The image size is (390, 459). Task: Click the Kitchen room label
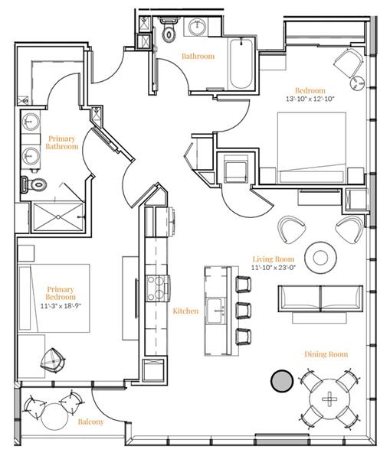[185, 311]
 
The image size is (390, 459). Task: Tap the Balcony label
[90, 422]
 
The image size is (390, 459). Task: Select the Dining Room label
[326, 354]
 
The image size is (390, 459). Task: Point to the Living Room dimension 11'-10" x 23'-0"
[274, 267]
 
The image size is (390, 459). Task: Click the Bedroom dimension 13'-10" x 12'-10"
[310, 99]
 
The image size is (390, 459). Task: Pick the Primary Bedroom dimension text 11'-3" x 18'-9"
[61, 306]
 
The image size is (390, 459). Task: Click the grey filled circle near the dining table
[282, 380]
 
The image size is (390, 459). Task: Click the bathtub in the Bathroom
[241, 63]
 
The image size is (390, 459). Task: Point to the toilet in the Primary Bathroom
[34, 184]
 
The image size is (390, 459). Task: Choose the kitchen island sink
[216, 311]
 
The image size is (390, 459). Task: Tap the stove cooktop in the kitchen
[159, 289]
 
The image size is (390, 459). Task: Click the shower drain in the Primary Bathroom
[58, 217]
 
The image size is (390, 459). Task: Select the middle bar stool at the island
[244, 311]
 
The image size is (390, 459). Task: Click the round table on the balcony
[55, 417]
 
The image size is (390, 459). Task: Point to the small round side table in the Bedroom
[358, 84]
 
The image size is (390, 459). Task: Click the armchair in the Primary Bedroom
[53, 360]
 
